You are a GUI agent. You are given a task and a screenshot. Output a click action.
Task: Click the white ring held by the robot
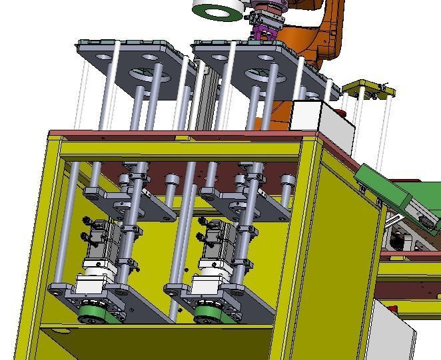(x=217, y=9)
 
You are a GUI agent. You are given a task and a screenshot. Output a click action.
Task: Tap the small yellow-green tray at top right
(x=368, y=89)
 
